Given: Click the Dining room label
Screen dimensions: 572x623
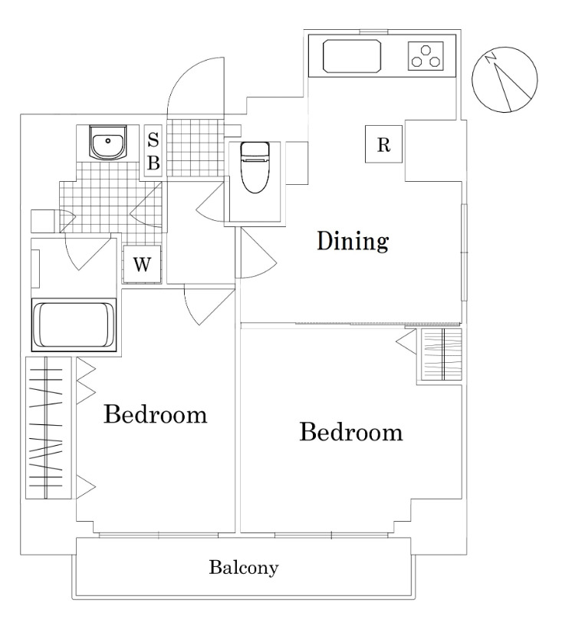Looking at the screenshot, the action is click(353, 241).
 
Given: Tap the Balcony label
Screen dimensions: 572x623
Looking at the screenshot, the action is click(244, 568).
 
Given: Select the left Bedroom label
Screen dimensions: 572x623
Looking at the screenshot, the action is click(155, 414).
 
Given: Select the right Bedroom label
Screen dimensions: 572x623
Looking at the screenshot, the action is click(351, 432).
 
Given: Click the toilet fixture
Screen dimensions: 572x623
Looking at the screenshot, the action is click(255, 167).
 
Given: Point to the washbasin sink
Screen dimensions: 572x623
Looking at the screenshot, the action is click(107, 142).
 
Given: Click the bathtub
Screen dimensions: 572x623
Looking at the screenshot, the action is click(74, 325).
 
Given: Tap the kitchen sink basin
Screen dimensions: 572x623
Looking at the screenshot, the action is click(353, 55).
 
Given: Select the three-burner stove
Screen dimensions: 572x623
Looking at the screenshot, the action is click(426, 56).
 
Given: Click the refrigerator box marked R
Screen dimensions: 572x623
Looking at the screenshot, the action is click(383, 143).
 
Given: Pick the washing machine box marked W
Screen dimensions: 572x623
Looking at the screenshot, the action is click(142, 264).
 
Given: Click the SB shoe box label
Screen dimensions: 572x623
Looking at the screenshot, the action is click(153, 151).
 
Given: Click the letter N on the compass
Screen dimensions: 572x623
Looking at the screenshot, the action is click(491, 58).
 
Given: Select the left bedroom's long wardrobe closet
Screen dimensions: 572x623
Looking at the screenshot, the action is click(48, 428).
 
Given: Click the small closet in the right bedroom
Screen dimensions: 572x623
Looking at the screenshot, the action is click(442, 354).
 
